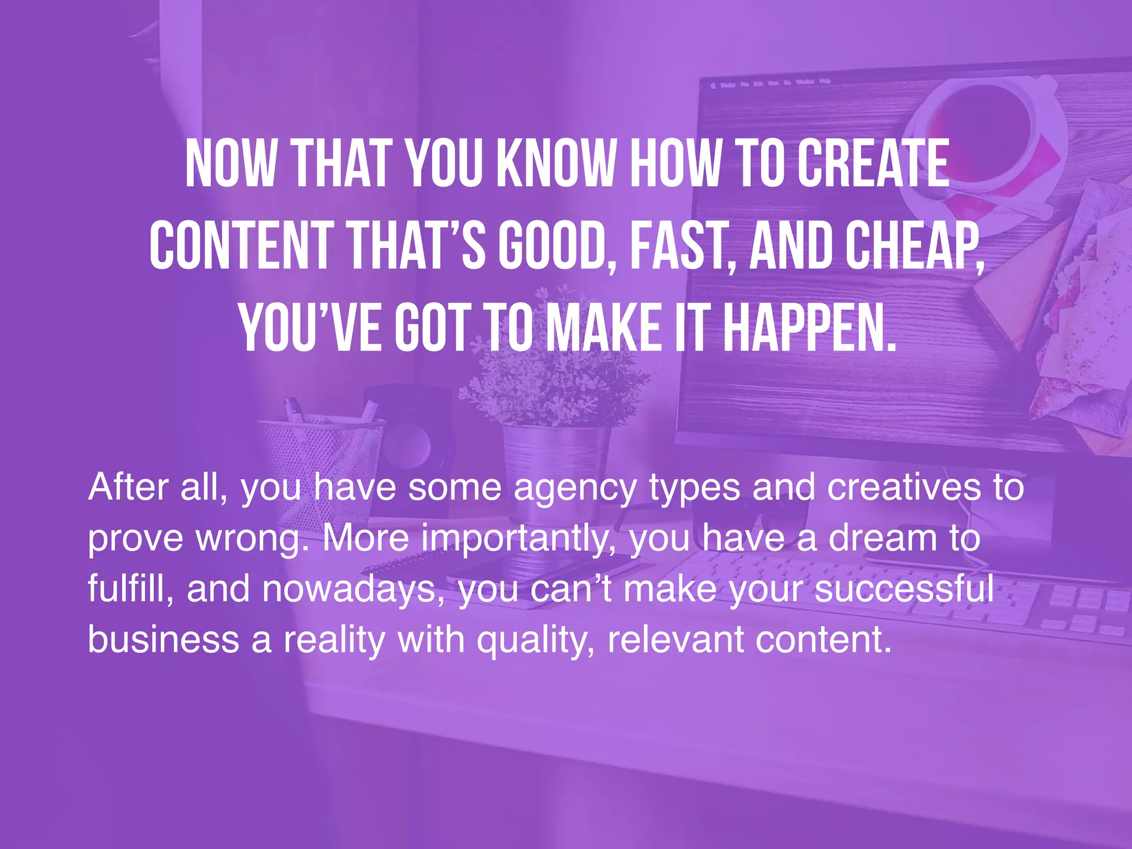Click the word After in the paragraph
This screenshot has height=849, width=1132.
(128, 487)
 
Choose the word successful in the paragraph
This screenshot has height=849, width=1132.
(904, 588)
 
